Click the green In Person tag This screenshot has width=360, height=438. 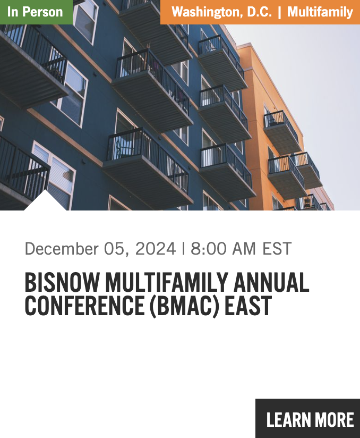click(x=36, y=12)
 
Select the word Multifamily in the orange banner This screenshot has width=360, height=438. click(x=320, y=12)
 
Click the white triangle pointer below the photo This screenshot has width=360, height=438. click(x=45, y=202)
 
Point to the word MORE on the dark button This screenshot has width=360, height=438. click(x=331, y=420)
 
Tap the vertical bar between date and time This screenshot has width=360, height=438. click(x=183, y=249)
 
